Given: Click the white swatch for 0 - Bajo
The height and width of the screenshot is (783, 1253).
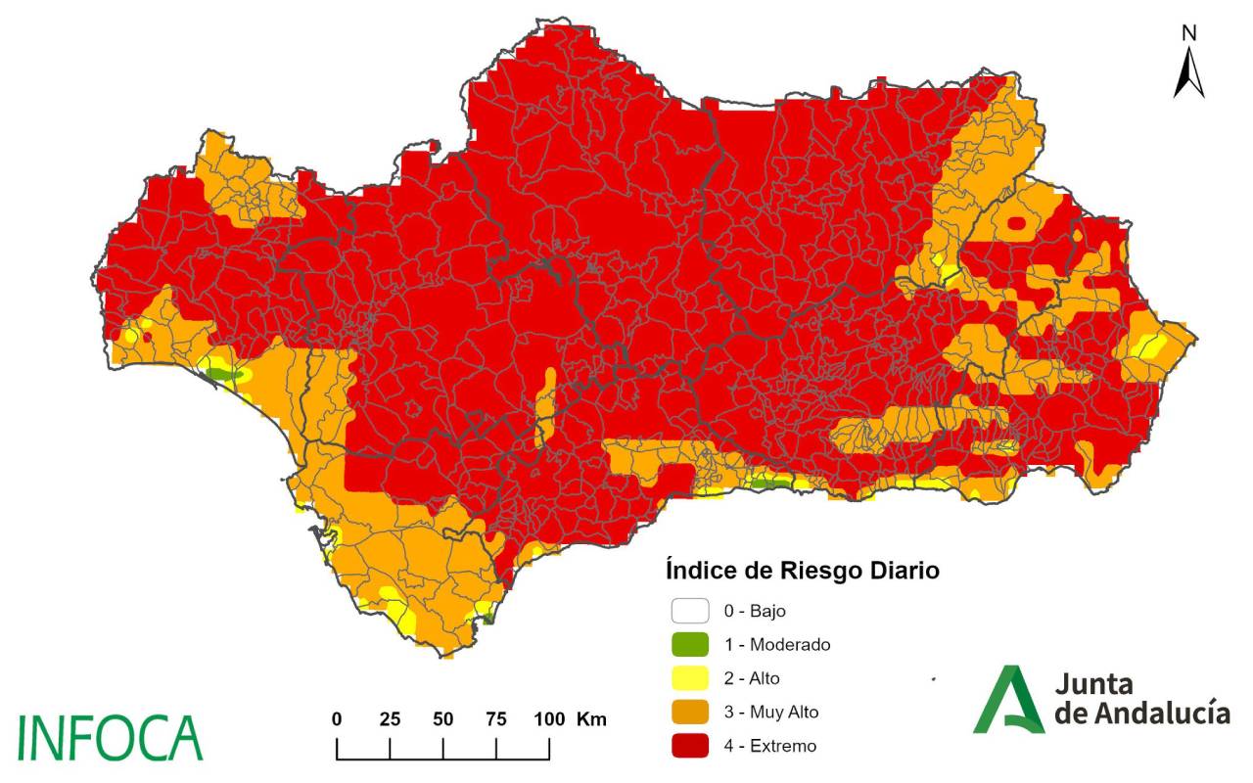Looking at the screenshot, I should [689, 611].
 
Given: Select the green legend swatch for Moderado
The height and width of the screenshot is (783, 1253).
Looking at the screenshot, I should [689, 645].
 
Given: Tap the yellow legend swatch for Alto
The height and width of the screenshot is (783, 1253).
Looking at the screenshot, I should [689, 678].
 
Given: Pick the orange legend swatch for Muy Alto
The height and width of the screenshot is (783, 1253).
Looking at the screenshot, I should [689, 713].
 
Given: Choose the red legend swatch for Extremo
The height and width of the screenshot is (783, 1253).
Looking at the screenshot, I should [689, 746].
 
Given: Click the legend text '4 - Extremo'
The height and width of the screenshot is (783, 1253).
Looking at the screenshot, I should [769, 746].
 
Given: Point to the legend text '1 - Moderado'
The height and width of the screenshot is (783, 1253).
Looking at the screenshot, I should [777, 645].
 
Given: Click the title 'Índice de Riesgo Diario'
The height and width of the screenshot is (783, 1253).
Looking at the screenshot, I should [802, 570].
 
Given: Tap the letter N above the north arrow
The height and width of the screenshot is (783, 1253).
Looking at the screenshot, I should [1189, 33].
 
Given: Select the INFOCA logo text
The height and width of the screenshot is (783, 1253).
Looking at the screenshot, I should [110, 738].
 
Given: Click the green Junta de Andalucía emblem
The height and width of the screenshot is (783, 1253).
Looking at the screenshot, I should [1008, 699].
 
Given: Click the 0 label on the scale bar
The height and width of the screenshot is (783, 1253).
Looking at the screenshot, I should [337, 719].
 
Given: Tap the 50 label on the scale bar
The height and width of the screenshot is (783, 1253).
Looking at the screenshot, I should [443, 719].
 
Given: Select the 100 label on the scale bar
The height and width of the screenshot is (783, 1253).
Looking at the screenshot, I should [549, 719].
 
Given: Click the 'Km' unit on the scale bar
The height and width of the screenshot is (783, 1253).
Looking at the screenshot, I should [592, 719].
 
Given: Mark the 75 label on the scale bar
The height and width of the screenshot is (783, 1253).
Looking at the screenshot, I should [496, 719].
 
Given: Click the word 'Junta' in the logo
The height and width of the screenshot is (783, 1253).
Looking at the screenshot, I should [1094, 684].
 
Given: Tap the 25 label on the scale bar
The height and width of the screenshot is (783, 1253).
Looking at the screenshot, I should [390, 719].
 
